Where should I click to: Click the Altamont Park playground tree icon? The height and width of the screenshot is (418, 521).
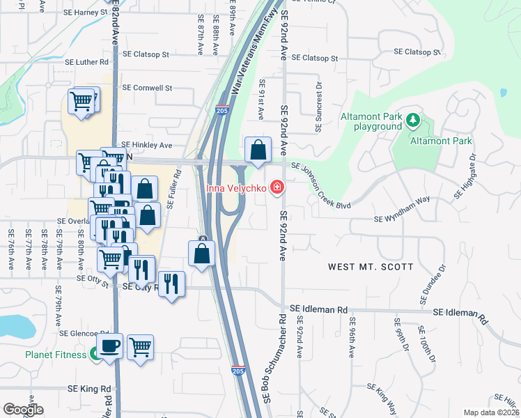[x=413, y=121]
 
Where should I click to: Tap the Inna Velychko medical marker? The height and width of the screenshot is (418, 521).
[x=277, y=187]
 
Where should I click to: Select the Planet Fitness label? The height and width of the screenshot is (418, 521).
[x=56, y=355]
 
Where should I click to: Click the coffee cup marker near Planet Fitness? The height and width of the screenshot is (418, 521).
[x=111, y=346]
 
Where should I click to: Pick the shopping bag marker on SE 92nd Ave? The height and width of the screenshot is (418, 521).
[x=258, y=150]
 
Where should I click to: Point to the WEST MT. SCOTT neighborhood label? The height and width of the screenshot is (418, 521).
[x=371, y=267]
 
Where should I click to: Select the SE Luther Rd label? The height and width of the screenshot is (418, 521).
[x=76, y=62]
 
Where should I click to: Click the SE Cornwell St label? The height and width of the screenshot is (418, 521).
[x=147, y=88]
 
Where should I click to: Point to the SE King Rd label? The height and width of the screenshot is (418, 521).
[x=89, y=389]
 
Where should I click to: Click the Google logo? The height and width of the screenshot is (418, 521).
[x=23, y=410]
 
